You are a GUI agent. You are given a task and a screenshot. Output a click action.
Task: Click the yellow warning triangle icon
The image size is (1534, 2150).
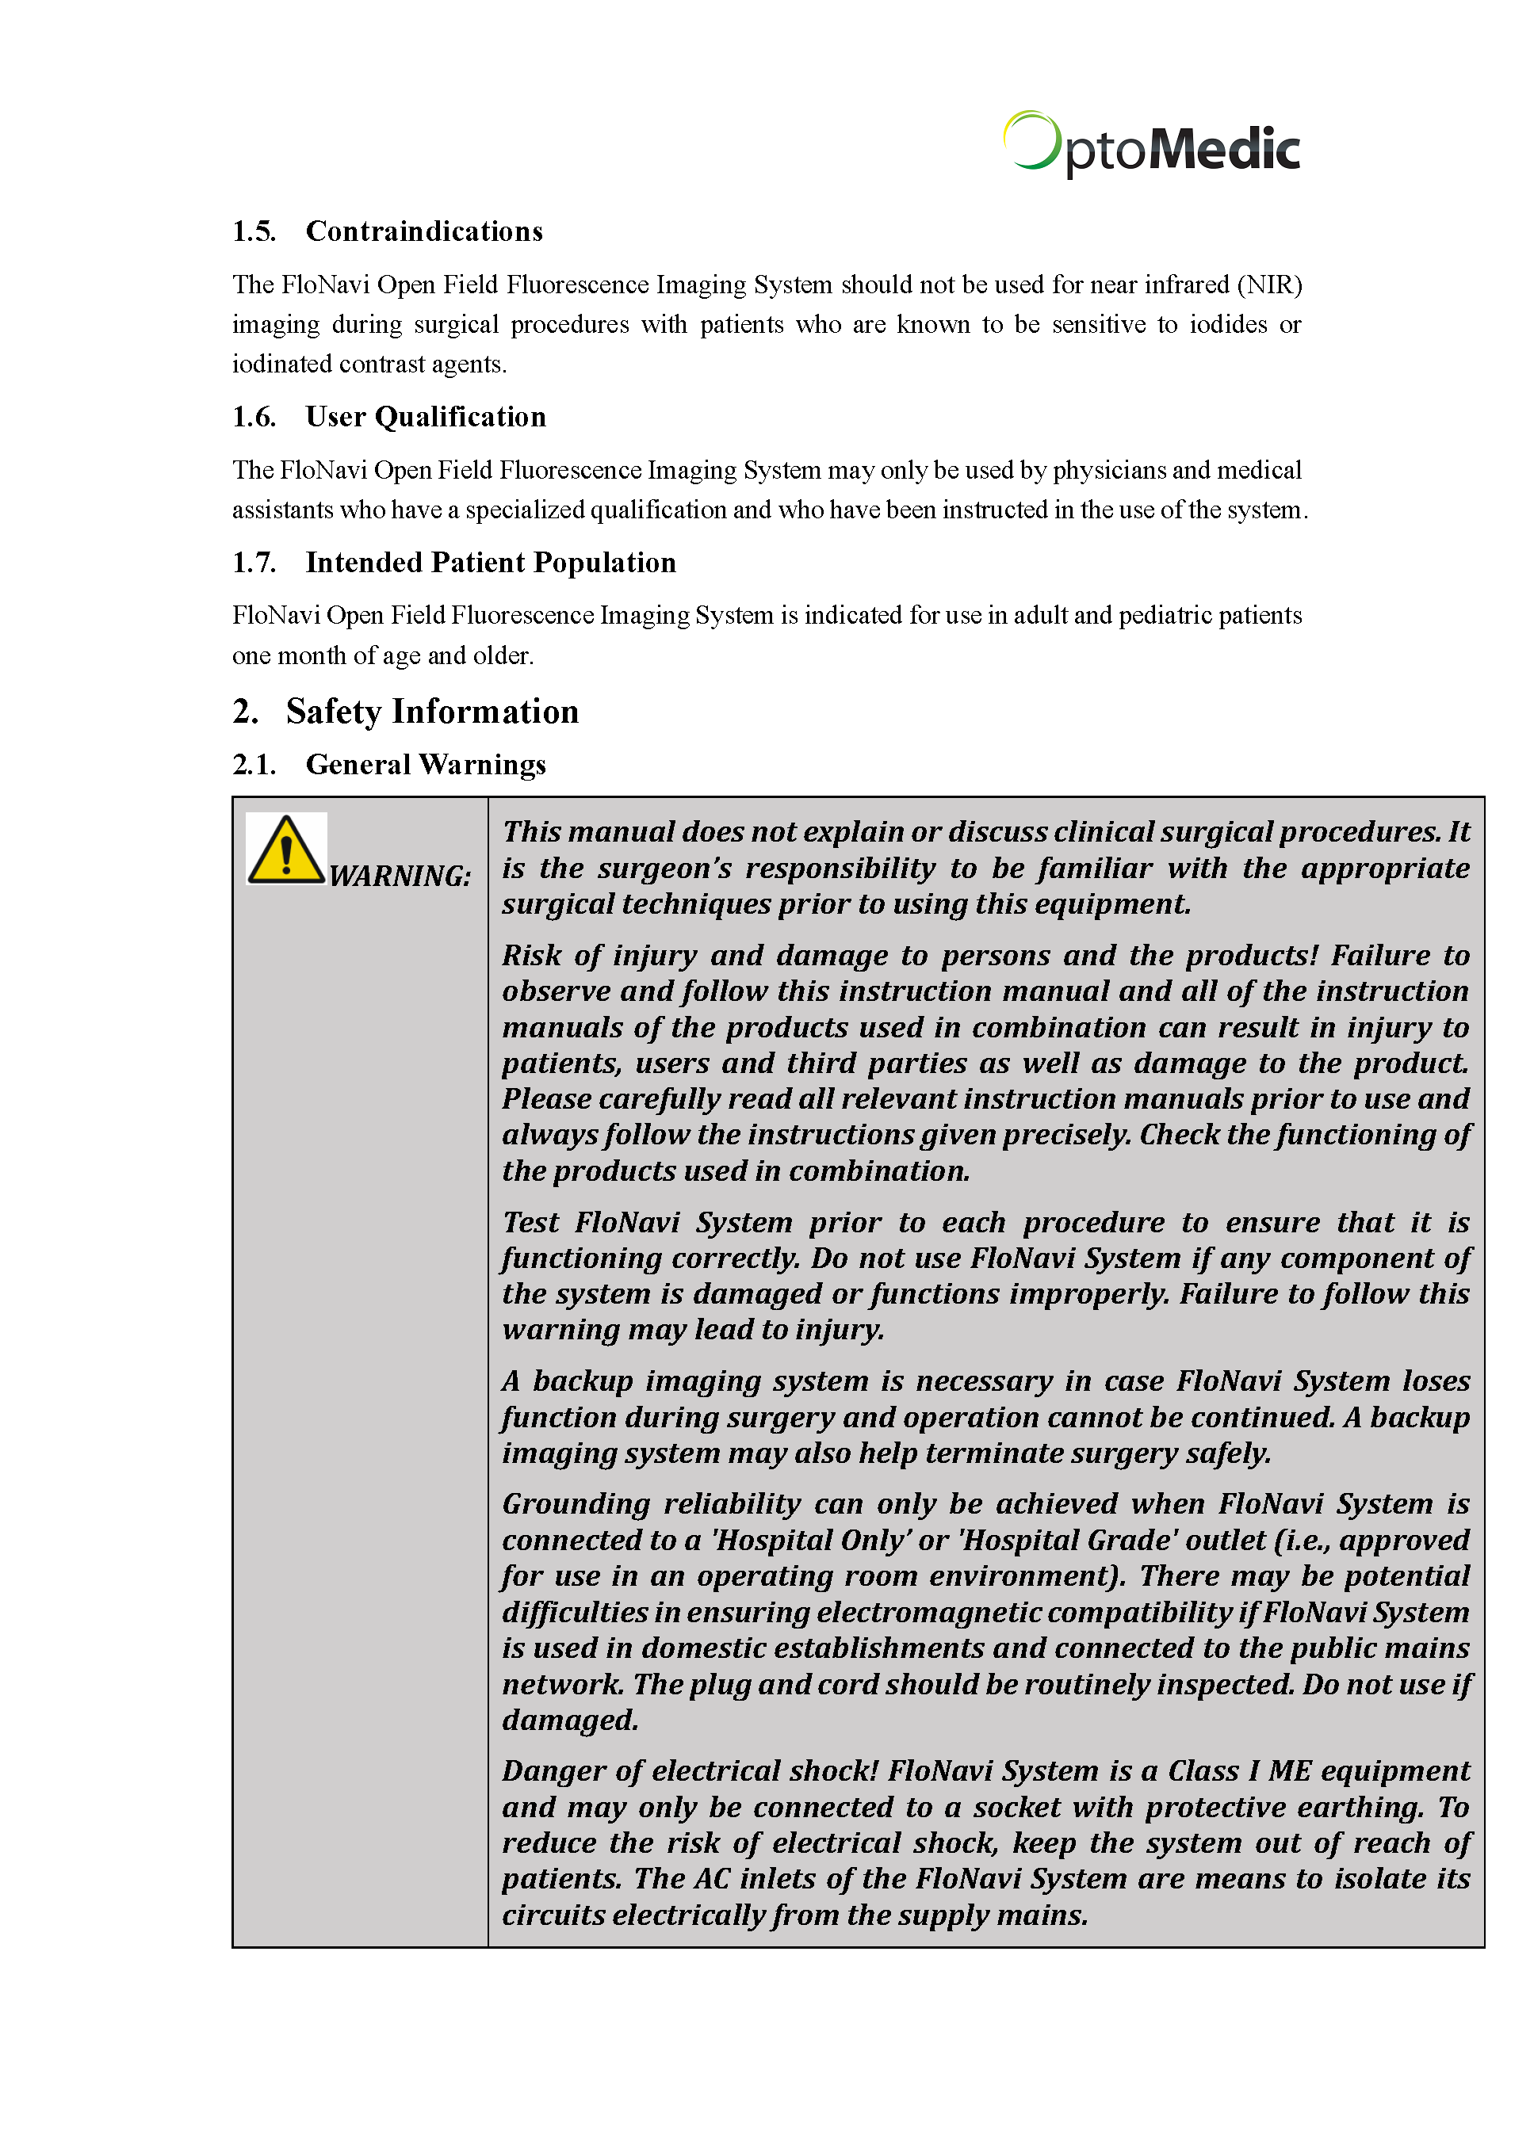pos(285,849)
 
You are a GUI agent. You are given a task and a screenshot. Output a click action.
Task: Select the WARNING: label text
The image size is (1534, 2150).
pos(400,876)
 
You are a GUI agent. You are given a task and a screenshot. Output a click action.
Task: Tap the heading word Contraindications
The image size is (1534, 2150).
pos(424,231)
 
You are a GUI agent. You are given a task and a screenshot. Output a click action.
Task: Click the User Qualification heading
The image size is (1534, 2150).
pos(425,416)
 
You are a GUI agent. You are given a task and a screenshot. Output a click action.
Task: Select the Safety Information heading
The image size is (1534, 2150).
pos(432,712)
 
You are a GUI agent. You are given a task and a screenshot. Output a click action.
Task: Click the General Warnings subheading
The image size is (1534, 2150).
pos(425,765)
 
